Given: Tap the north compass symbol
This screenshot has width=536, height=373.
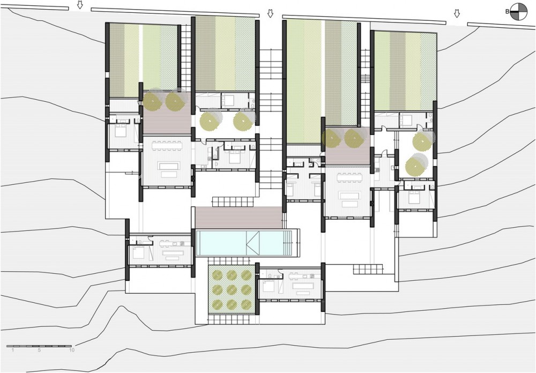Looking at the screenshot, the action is pos(518,12).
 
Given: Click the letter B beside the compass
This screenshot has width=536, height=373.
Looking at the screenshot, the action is pos(507,12).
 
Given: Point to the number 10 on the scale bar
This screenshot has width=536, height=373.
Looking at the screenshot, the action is pos(71,350).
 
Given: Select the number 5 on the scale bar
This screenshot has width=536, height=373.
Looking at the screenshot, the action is pos(39,350).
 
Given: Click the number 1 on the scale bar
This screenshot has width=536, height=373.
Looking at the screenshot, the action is pos(13,350).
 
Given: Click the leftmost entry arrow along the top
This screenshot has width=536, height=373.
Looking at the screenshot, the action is pos(80,5).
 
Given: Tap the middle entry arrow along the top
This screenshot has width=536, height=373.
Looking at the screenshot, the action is pos(270,13).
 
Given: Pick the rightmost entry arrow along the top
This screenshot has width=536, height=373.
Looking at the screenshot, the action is pos(456,14).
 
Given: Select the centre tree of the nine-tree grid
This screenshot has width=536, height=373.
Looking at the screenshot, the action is pos(232,289).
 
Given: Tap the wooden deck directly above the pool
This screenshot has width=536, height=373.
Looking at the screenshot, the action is pos(239,218).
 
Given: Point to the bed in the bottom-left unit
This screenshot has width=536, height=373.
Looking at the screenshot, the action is pos(139,252).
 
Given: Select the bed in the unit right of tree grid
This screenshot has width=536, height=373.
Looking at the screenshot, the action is pos(270,286).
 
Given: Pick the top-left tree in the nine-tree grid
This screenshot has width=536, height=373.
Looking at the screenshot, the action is pos(218,275).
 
